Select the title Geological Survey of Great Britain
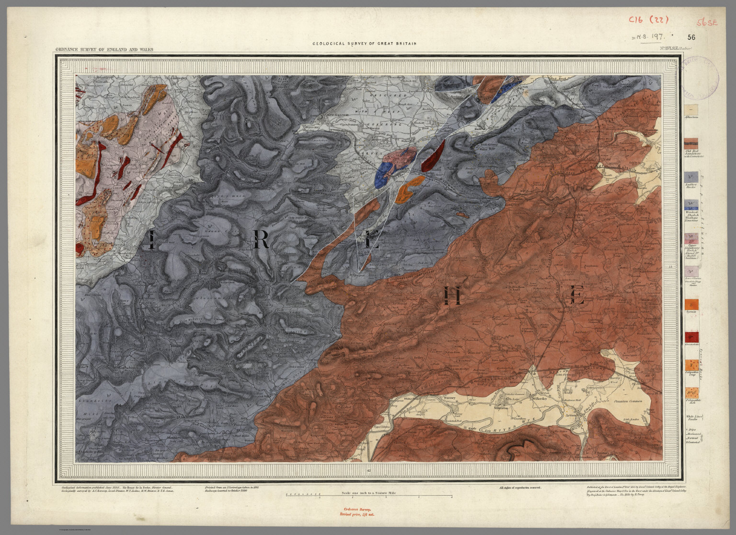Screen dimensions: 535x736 tap(364, 44)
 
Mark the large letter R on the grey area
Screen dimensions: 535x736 tap(262, 239)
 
